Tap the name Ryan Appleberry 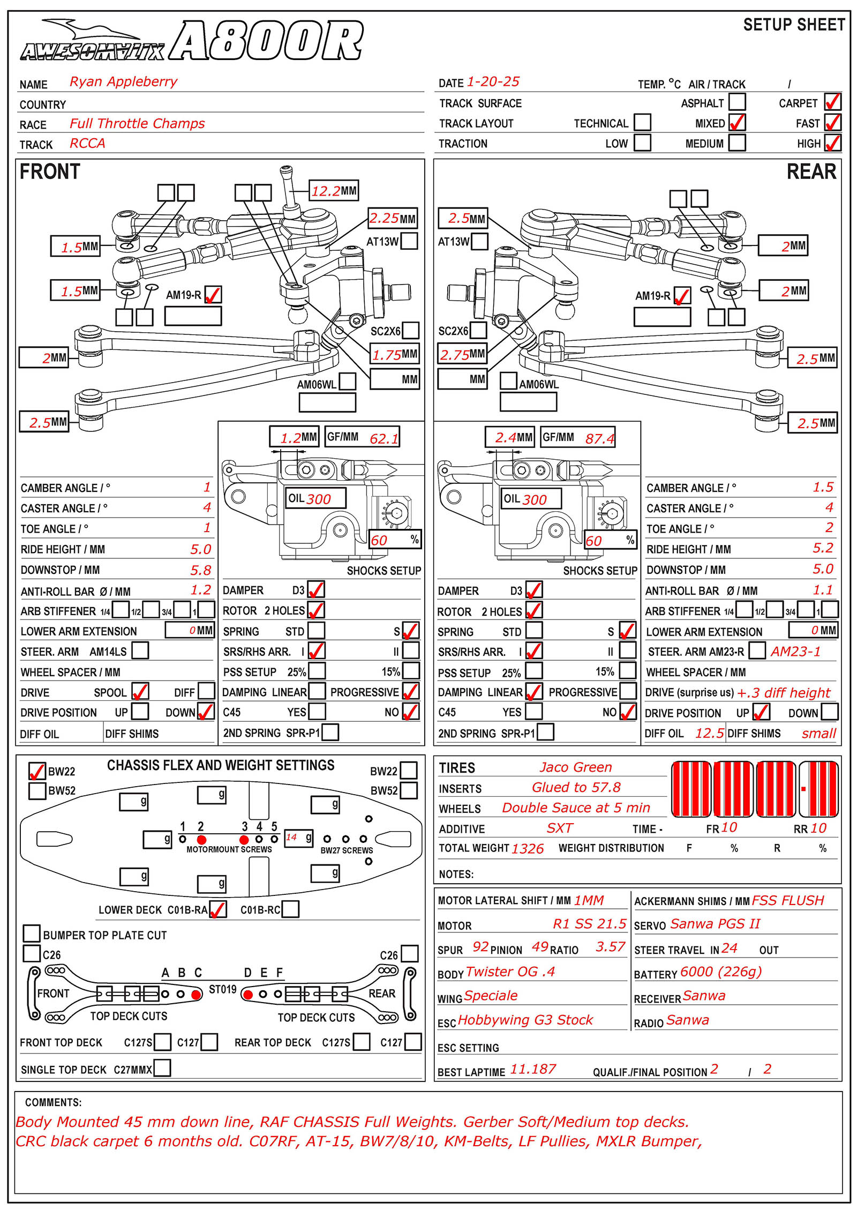click(x=123, y=81)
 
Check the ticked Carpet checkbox click(x=832, y=102)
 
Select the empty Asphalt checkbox click(x=737, y=102)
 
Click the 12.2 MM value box click(x=333, y=191)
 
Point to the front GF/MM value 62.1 click(x=384, y=438)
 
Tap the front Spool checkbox click(x=140, y=691)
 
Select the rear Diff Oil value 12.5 click(x=709, y=733)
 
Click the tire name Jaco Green click(x=575, y=767)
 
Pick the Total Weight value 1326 click(x=527, y=848)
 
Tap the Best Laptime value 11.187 click(x=533, y=1070)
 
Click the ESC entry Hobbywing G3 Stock click(x=525, y=1020)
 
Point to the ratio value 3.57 click(x=610, y=947)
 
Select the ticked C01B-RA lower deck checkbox click(x=217, y=909)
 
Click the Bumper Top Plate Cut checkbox click(x=32, y=933)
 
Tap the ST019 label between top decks click(x=222, y=989)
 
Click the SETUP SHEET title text click(x=794, y=25)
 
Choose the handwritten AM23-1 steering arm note click(x=795, y=652)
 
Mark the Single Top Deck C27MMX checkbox click(x=162, y=1068)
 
